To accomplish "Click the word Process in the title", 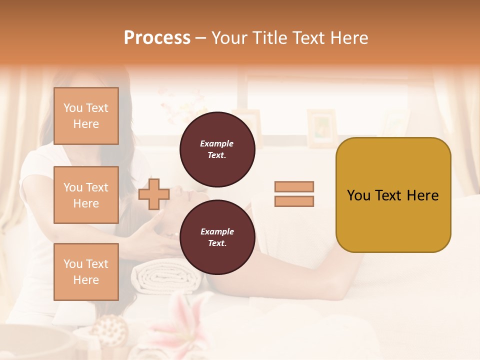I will tap(157, 37).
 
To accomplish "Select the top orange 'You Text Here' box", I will tap(86, 116).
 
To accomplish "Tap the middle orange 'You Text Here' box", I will tap(86, 195).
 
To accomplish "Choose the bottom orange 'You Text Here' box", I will tap(86, 272).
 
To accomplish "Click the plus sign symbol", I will tap(153, 194).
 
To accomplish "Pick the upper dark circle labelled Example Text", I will tap(217, 149).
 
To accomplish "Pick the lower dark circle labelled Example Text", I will tap(217, 237).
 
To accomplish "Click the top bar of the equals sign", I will tap(294, 186).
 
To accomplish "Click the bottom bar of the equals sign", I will tap(294, 201).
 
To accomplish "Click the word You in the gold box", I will tap(358, 195).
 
